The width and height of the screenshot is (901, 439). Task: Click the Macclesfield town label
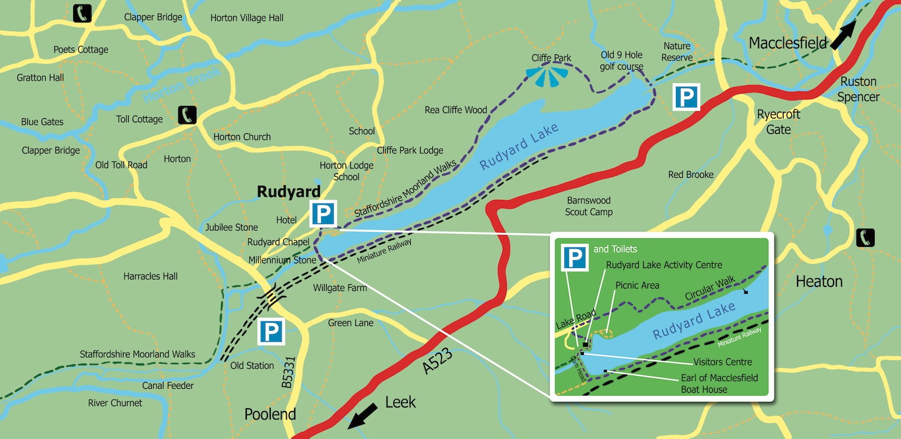(x=788, y=43)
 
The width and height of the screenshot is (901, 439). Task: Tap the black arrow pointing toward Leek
(x=363, y=416)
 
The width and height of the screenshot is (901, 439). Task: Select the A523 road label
(x=438, y=361)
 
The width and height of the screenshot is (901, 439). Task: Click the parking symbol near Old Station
(x=271, y=332)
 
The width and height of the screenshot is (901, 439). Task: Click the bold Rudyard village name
(x=289, y=191)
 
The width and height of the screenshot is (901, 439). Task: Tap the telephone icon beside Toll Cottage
(x=187, y=115)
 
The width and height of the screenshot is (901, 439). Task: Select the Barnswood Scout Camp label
(x=589, y=206)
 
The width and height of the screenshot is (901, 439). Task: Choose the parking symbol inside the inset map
(x=575, y=258)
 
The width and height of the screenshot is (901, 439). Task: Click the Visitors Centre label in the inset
(x=722, y=362)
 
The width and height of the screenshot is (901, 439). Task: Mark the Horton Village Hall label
(x=247, y=18)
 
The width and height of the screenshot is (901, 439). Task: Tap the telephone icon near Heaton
(x=866, y=237)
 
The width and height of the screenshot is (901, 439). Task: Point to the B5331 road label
(x=289, y=373)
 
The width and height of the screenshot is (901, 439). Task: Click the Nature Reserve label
(x=676, y=51)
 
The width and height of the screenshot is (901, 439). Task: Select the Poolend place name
(x=270, y=414)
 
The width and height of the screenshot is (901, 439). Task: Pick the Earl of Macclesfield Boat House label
(x=719, y=384)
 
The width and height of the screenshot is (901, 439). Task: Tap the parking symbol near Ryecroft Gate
(x=686, y=97)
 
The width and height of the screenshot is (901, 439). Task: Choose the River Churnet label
(x=115, y=403)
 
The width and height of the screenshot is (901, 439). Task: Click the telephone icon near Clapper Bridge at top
(x=82, y=13)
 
